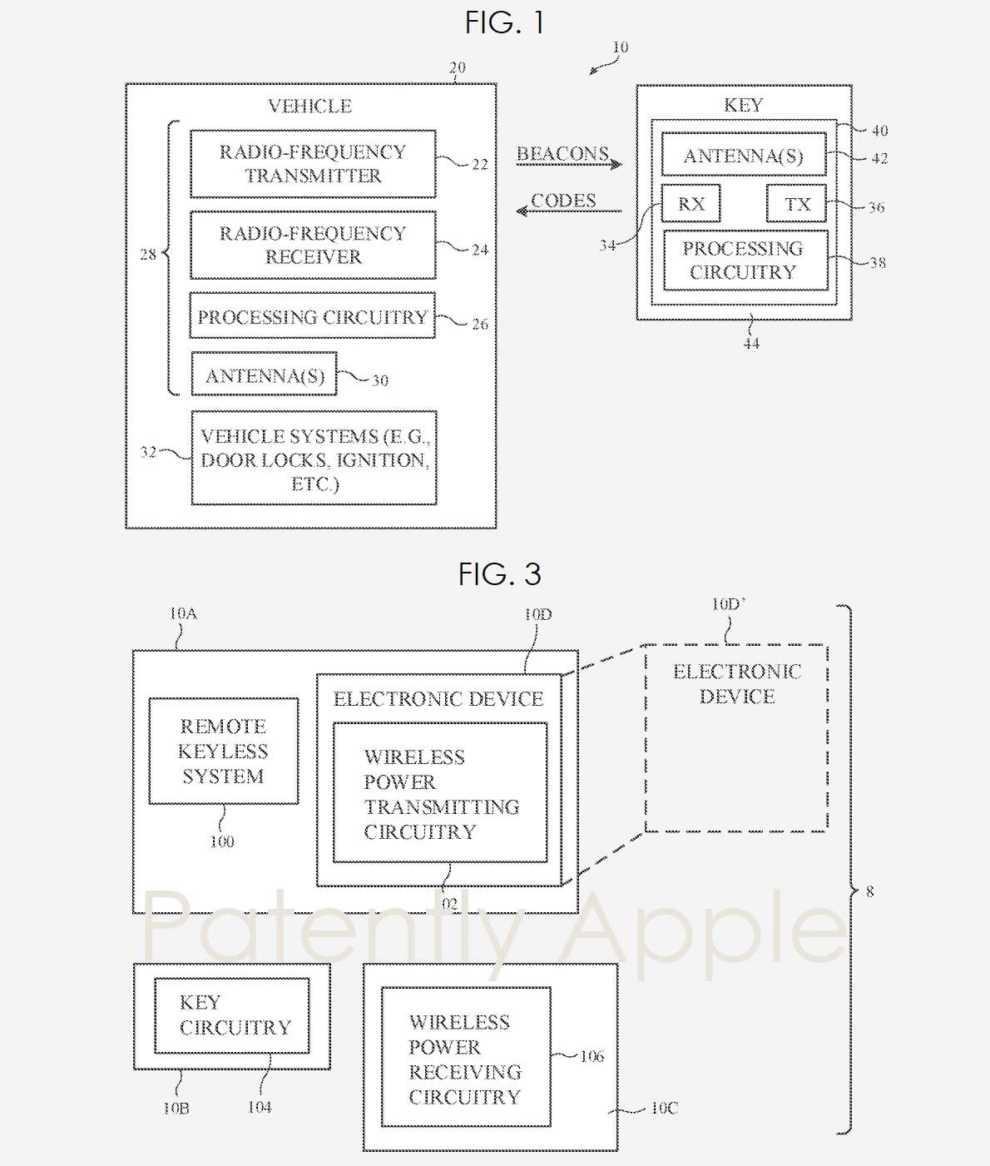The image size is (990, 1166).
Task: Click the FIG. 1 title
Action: pos(504,22)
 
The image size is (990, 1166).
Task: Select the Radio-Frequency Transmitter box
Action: pos(313,164)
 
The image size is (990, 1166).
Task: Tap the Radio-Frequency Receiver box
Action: pos(313,245)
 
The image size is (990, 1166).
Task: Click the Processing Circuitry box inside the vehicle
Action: pos(312,316)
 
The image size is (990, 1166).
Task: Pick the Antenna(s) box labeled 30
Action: pos(265,375)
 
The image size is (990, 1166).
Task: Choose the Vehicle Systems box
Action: pos(314,459)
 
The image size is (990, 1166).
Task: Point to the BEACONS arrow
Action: pos(569,163)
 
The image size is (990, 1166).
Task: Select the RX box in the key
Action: pos(691,204)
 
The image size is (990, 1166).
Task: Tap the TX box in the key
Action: pos(796,204)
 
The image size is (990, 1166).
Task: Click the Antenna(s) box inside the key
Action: pos(743,156)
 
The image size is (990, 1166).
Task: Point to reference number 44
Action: pos(751,343)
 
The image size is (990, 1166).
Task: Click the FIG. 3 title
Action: pos(499,573)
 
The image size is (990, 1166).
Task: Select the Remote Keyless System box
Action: pos(223,752)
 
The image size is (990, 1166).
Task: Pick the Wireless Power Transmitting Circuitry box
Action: pos(440,793)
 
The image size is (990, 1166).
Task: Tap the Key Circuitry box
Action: pos(232,1015)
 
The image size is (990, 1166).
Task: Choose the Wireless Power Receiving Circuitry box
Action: pos(465,1058)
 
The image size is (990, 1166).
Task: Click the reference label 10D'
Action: pos(728,605)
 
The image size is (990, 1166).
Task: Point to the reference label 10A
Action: pos(183,614)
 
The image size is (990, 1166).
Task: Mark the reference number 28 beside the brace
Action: pos(148,255)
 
